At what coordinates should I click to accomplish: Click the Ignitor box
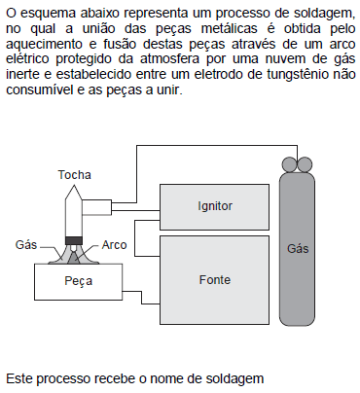(215, 206)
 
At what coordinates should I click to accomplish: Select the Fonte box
(215, 278)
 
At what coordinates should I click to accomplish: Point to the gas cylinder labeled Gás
(298, 248)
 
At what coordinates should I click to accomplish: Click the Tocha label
(74, 175)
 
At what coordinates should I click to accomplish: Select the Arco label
(114, 245)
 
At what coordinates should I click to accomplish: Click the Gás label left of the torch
(26, 245)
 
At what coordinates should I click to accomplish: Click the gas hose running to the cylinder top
(195, 147)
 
